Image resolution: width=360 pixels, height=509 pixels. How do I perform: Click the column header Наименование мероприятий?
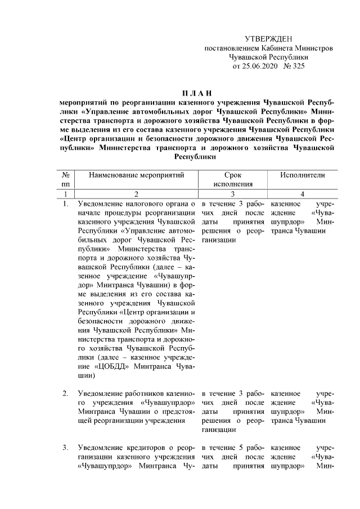coord(137,175)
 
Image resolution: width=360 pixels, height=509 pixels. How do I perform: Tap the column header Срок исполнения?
coord(233,179)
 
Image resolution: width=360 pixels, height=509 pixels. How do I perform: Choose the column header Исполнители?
coord(303,175)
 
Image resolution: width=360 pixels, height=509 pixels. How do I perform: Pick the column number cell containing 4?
coord(303,194)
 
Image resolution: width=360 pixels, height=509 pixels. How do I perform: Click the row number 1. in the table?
coord(66,204)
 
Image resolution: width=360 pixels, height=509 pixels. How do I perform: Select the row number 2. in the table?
coord(66,393)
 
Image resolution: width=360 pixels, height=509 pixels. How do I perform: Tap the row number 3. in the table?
coord(66,448)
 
